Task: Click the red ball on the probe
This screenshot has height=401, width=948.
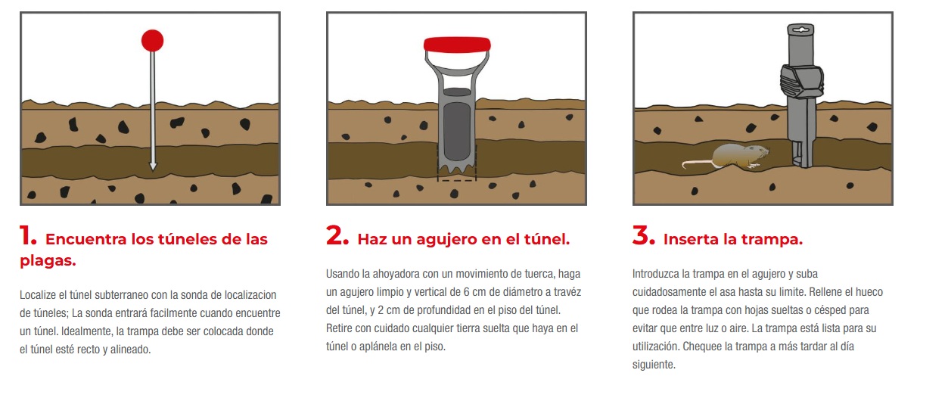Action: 152,41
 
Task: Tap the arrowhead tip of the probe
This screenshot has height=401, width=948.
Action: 153,171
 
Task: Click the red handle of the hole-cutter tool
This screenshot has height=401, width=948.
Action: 457,45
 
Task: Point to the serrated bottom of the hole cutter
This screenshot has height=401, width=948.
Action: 457,169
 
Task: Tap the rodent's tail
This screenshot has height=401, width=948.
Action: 697,163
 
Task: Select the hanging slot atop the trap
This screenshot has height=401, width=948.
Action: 800,30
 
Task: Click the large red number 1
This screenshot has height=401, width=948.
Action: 27,235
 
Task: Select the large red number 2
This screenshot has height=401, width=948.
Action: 337,235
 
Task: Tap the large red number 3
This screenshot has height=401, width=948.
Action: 644,235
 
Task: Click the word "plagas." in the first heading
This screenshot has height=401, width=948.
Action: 48,261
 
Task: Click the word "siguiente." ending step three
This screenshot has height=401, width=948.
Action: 654,365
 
